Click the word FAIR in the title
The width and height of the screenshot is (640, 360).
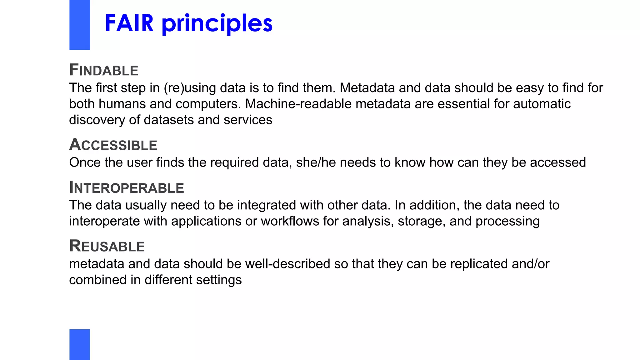click(129, 23)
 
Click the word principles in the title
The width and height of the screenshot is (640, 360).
click(217, 24)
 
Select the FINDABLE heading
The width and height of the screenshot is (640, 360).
click(104, 70)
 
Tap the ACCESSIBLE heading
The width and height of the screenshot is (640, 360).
click(113, 145)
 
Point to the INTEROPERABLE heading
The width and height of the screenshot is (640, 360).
click(127, 187)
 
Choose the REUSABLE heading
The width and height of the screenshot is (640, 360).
click(107, 246)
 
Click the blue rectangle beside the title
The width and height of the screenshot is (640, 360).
click(80, 25)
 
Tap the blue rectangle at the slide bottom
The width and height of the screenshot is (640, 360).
click(80, 344)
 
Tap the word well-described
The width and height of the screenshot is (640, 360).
click(287, 264)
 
